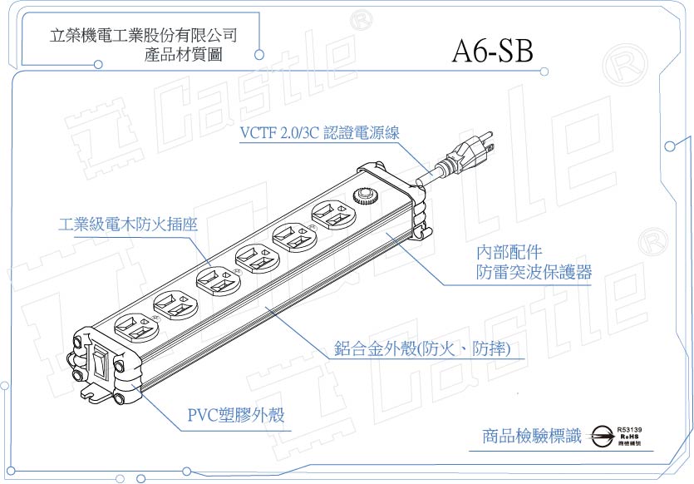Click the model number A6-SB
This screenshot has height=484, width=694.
coord(493,52)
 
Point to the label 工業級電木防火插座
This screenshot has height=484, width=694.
coord(128,225)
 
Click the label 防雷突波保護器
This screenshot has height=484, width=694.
coord(534,271)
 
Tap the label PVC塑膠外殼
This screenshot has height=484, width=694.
coord(235,414)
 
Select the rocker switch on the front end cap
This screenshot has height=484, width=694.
coord(101,364)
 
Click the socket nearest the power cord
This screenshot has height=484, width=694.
coord(331,217)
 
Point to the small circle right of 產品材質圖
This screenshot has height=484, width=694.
coord(259,55)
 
